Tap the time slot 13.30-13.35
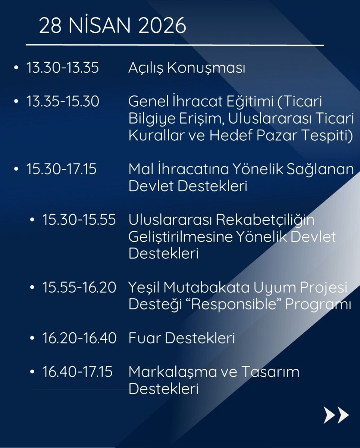(63, 68)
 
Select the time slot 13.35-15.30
(63, 102)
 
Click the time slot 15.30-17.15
(62, 169)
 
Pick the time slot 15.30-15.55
(79, 220)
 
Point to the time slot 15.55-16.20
(79, 287)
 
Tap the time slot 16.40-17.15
(78, 371)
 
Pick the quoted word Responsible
(235, 305)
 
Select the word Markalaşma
(172, 372)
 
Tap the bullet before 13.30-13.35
(16, 68)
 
